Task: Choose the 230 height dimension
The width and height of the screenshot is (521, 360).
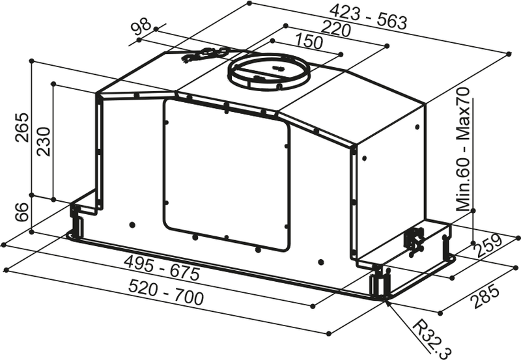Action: [42, 141]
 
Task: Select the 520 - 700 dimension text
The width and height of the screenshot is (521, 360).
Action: [165, 292]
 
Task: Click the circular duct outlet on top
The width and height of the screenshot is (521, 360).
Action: [268, 72]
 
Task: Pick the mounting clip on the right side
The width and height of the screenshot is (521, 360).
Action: [414, 239]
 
